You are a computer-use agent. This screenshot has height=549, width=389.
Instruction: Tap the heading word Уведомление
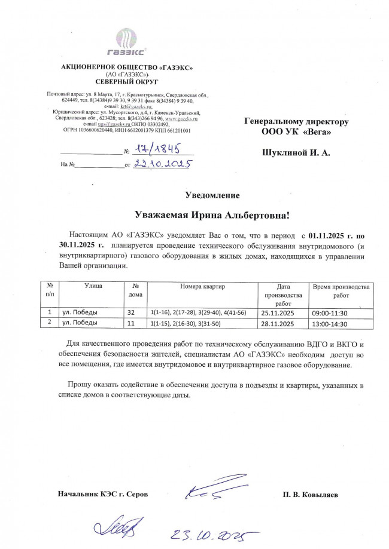coord(212,195)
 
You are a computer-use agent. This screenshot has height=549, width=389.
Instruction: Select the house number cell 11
coord(131,324)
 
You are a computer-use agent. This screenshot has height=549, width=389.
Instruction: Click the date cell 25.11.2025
coord(277,312)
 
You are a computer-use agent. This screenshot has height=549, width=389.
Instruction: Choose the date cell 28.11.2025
coord(277,324)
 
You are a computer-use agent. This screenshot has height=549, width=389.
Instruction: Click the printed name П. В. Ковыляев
coord(311,495)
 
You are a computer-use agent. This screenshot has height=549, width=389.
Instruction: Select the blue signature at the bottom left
coord(116,528)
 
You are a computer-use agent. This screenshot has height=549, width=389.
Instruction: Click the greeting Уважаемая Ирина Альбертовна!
coord(212,215)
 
